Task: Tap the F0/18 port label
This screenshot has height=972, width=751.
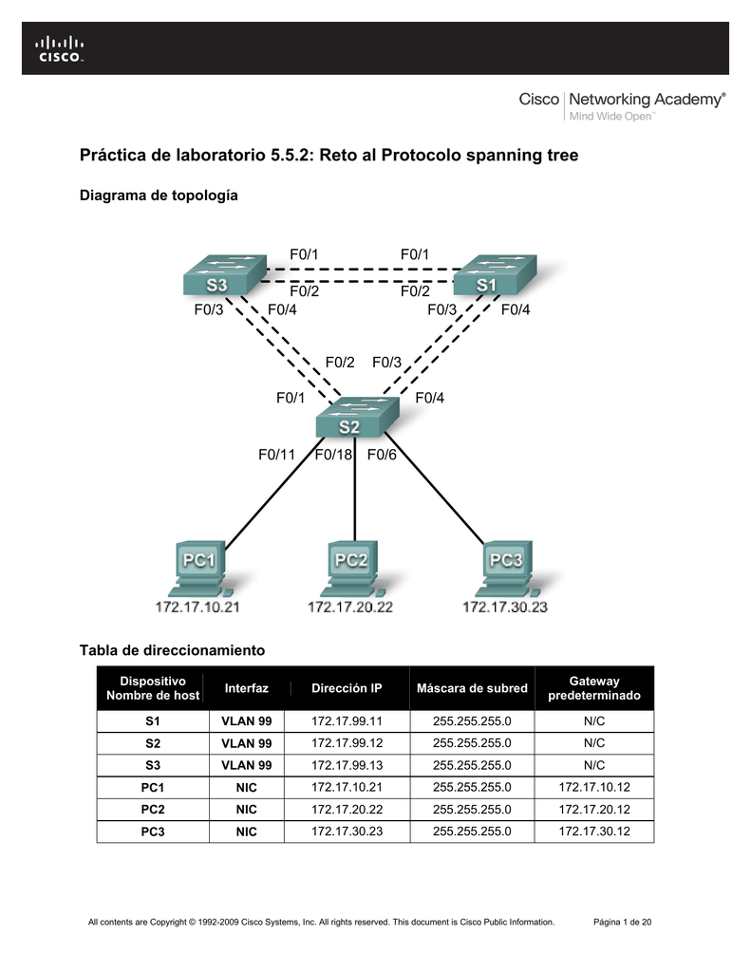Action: tap(334, 456)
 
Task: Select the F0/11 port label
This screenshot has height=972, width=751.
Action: tap(277, 456)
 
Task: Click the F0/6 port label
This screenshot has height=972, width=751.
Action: tap(382, 456)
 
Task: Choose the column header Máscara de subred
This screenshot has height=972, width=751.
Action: tap(472, 688)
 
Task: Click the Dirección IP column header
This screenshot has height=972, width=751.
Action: tap(347, 688)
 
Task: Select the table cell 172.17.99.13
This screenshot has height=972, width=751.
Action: tap(347, 765)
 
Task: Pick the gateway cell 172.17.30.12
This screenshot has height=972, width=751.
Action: tap(593, 832)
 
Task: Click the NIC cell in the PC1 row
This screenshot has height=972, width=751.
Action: tap(247, 787)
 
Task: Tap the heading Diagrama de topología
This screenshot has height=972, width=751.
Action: tap(158, 196)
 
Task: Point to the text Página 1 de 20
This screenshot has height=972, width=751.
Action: tap(621, 922)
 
